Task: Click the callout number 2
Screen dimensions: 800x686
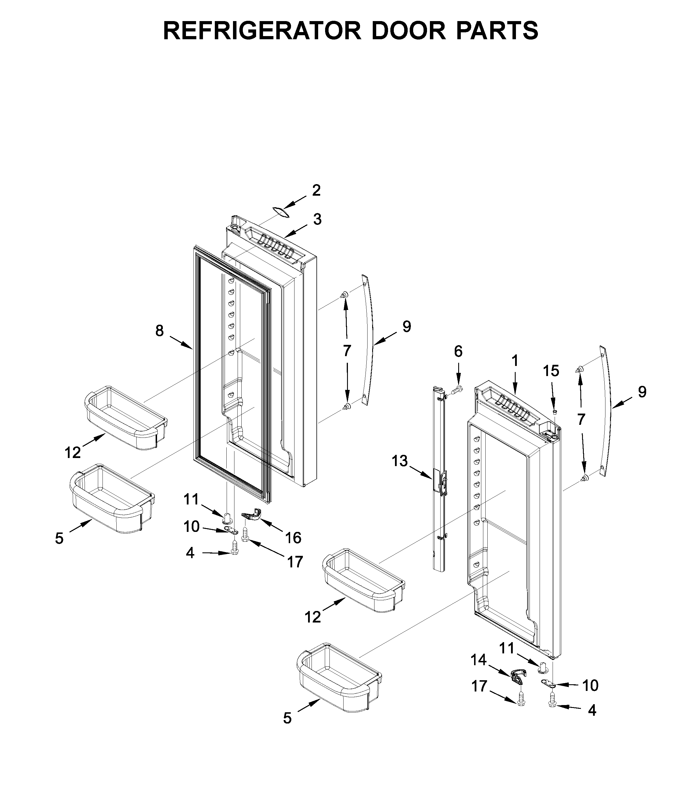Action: tap(316, 190)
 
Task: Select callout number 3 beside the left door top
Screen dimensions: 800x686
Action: tap(317, 219)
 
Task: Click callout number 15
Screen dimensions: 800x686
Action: tap(551, 371)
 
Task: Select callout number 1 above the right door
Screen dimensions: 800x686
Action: tap(514, 361)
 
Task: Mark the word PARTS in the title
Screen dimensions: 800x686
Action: tap(497, 31)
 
